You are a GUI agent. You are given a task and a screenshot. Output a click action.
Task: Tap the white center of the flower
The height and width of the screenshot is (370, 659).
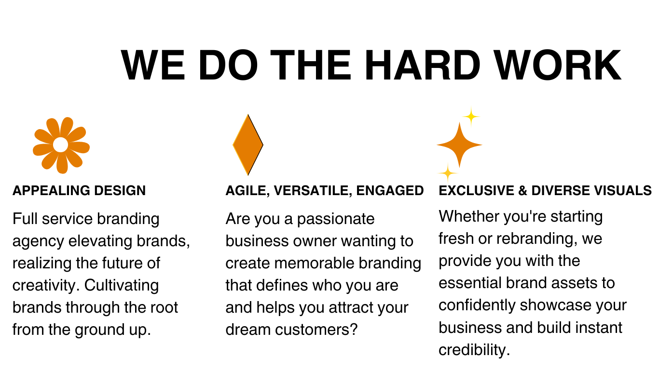point(61,145)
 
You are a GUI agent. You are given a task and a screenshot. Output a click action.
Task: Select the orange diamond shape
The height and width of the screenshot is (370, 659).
point(248,145)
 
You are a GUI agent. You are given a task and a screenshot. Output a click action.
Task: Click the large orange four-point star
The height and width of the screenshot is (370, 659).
point(460,145)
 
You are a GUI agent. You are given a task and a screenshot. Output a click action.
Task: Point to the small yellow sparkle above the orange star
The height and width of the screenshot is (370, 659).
point(471,117)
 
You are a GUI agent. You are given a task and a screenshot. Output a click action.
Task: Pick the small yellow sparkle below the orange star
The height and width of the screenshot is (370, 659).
point(448,173)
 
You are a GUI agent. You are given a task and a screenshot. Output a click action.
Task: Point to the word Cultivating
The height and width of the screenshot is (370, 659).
point(122,285)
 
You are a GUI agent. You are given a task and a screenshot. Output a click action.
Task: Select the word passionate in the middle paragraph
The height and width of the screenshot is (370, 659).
point(335,219)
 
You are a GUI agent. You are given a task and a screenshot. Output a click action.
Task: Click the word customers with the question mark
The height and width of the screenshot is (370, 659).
point(316,330)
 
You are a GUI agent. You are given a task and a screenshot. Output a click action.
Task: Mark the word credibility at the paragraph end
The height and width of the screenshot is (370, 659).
point(474,350)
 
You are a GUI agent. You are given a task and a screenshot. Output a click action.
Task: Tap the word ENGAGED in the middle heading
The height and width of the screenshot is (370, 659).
point(390,190)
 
